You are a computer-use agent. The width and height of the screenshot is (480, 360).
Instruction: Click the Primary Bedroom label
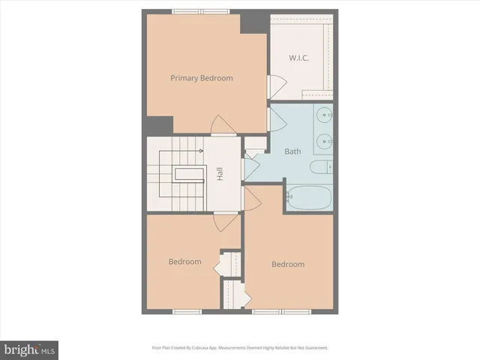201,78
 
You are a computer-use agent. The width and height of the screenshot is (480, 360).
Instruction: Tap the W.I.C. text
301,58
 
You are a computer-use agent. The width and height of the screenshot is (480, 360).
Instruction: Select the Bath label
292,151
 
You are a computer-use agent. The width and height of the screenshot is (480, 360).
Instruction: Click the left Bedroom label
184,262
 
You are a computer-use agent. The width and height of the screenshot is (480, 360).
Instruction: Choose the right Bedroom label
288,264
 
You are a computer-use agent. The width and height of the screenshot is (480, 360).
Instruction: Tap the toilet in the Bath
321,168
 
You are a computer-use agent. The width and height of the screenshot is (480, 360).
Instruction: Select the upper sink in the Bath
323,116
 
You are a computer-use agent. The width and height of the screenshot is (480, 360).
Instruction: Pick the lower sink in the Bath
323,139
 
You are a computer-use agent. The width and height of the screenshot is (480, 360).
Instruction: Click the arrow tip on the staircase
203,151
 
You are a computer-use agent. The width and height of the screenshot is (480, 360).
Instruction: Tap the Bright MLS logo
30,349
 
